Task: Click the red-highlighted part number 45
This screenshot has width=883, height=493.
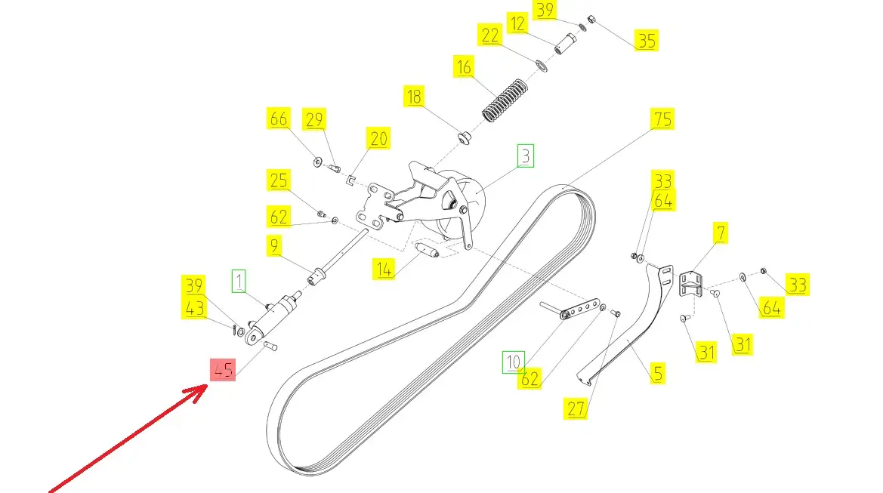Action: pyautogui.click(x=223, y=370)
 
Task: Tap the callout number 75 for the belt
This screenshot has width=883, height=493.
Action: pyautogui.click(x=662, y=119)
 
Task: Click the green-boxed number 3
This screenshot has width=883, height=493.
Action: pyautogui.click(x=525, y=156)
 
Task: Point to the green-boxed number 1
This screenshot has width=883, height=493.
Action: pyautogui.click(x=239, y=282)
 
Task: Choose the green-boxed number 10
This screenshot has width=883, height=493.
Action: pyautogui.click(x=514, y=362)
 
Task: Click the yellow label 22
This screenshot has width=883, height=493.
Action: pyautogui.click(x=489, y=35)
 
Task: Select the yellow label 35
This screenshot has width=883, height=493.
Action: pyautogui.click(x=647, y=39)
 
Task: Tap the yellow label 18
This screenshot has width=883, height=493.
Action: pyautogui.click(x=414, y=97)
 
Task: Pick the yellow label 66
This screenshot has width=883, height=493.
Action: pyautogui.click(x=278, y=119)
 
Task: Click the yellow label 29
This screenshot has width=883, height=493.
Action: pyautogui.click(x=314, y=119)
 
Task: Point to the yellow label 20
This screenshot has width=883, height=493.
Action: pyautogui.click(x=378, y=138)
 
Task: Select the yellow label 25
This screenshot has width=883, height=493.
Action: pyautogui.click(x=278, y=180)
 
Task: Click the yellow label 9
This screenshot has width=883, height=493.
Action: pyautogui.click(x=273, y=245)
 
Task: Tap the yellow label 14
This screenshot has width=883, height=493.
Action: pyautogui.click(x=385, y=268)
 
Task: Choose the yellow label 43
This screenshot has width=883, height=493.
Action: pyautogui.click(x=194, y=308)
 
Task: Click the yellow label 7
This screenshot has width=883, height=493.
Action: pyautogui.click(x=721, y=233)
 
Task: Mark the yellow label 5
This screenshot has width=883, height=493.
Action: pyautogui.click(x=657, y=372)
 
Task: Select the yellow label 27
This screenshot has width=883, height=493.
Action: pyautogui.click(x=576, y=408)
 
